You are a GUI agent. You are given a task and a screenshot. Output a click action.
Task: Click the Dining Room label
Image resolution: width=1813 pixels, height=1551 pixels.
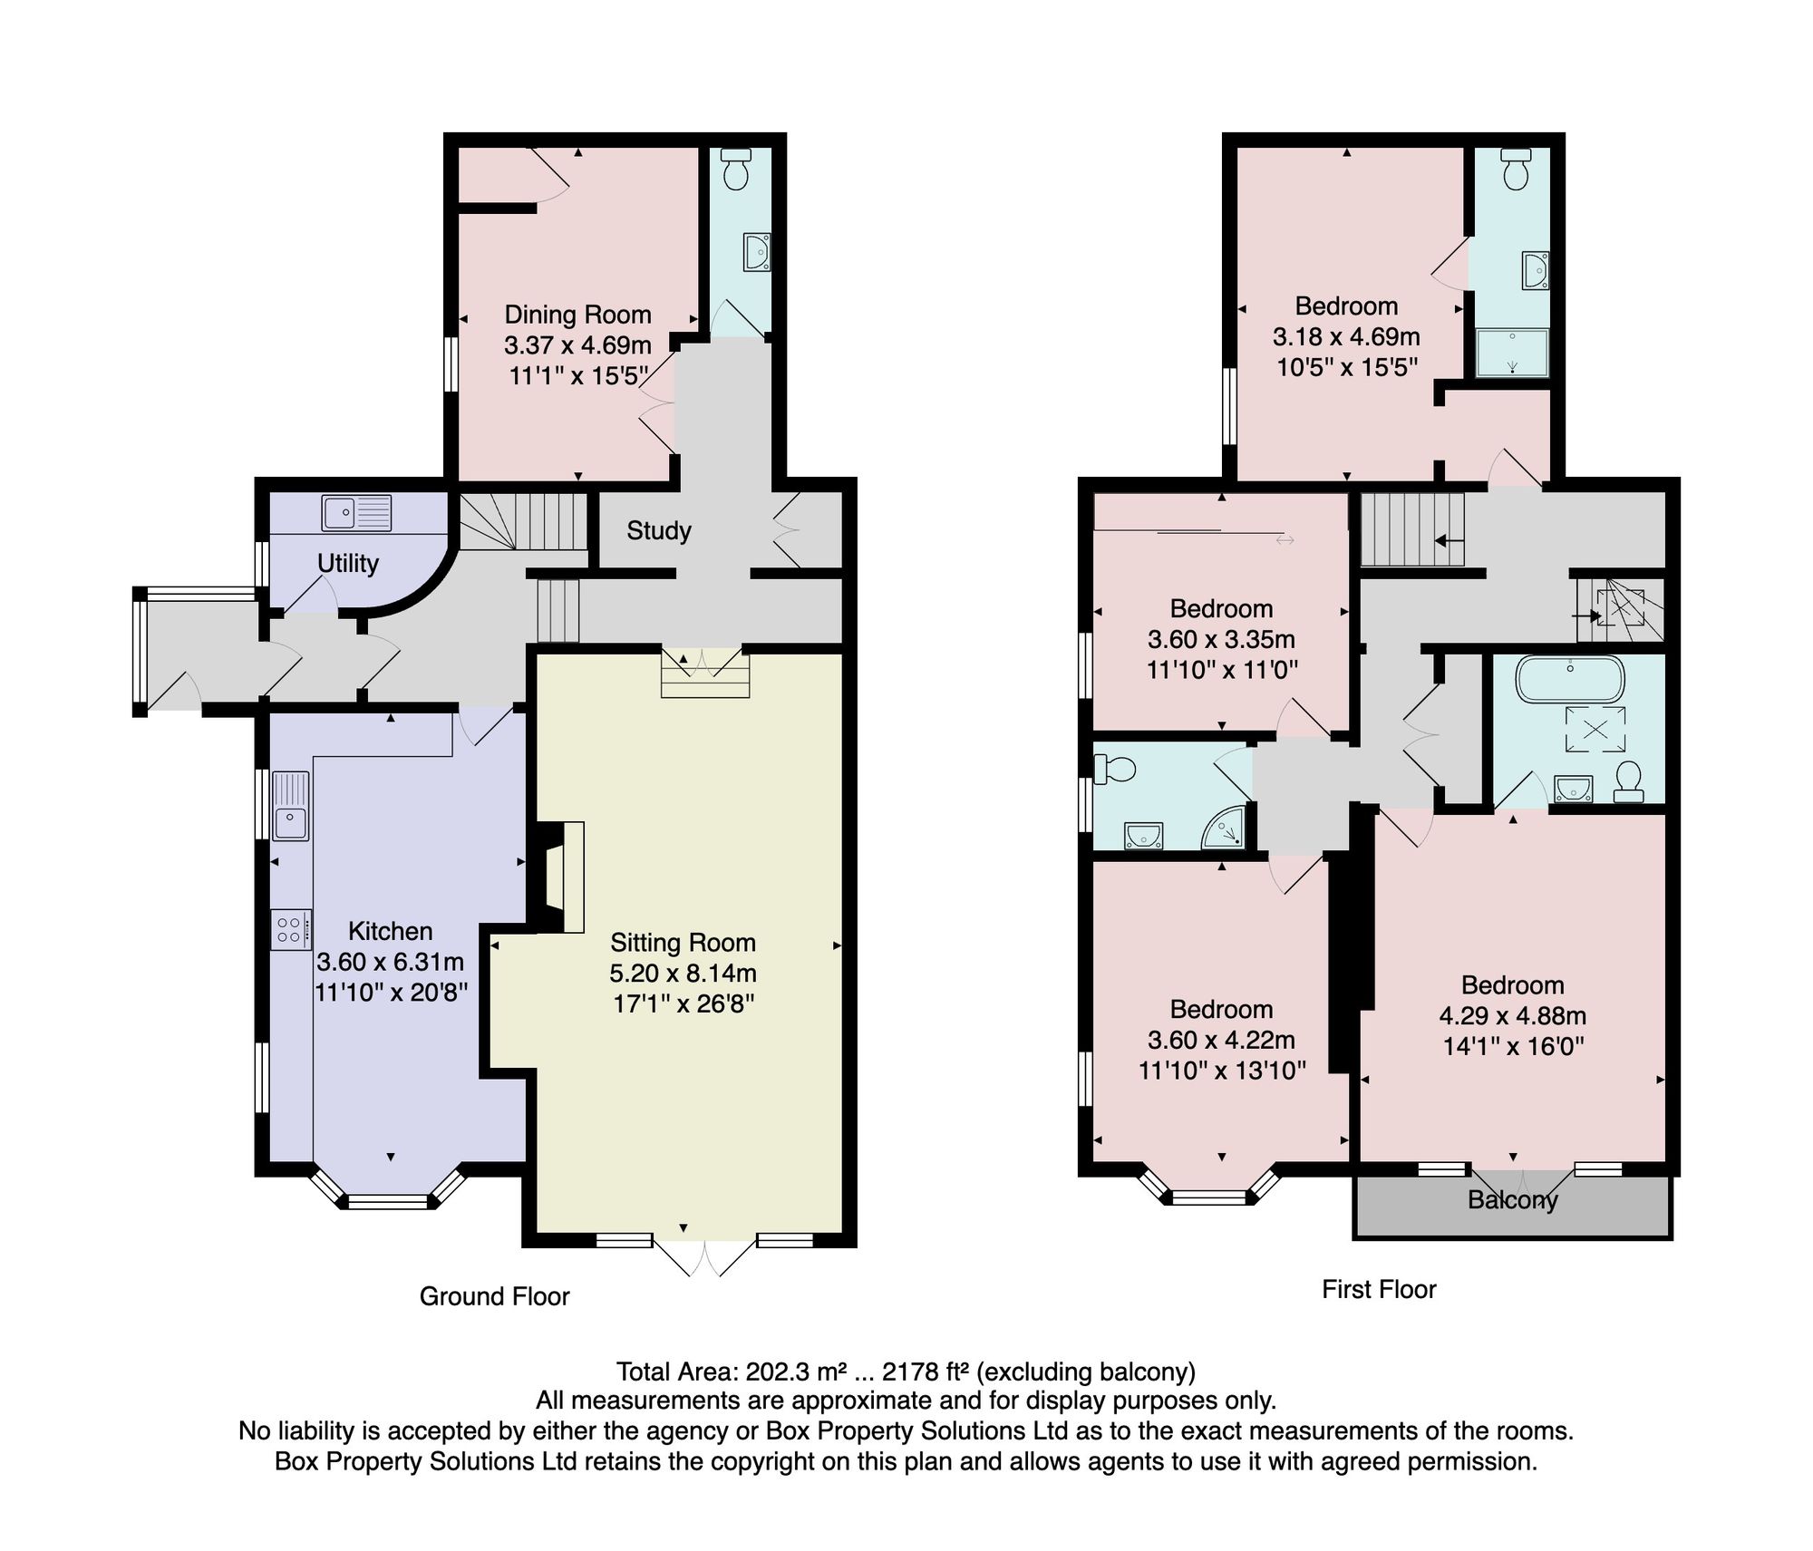[x=577, y=315]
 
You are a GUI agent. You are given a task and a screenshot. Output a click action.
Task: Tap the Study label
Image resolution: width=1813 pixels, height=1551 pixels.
[x=659, y=530]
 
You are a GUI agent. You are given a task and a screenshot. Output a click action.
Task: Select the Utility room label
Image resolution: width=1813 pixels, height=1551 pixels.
[x=348, y=563]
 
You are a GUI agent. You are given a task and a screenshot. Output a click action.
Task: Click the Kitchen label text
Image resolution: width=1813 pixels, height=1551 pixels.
[x=391, y=931]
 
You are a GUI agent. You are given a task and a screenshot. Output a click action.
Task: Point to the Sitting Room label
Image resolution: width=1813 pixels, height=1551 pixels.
[x=683, y=943]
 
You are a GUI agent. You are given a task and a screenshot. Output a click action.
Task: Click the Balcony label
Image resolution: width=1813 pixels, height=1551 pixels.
[x=1513, y=1200]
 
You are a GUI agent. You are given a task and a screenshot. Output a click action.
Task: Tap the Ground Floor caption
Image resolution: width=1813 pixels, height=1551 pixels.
[x=494, y=1296]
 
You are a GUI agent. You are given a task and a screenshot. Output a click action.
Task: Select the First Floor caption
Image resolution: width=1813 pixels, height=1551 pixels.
[x=1379, y=1289]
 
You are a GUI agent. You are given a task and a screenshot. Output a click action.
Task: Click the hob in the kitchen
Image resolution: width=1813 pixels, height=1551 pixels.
[x=291, y=929]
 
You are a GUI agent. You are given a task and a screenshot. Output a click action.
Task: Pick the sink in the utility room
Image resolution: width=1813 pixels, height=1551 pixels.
[x=356, y=513]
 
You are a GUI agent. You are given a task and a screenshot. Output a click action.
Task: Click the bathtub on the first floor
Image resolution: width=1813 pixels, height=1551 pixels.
[x=1570, y=680]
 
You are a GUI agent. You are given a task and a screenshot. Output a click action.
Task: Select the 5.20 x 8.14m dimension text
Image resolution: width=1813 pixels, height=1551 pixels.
[x=683, y=974]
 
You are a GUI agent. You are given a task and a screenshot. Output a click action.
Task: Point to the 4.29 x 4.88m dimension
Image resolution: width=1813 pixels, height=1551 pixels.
[x=1513, y=1016]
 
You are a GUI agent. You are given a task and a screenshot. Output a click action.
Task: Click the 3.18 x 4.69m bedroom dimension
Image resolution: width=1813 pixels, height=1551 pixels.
[x=1346, y=337]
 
